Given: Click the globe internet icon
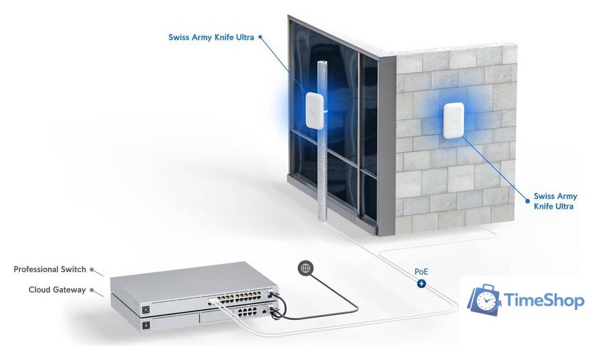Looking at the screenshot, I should tap(305, 268).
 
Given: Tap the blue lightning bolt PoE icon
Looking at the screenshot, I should tap(421, 284).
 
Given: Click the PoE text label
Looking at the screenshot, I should tap(421, 271).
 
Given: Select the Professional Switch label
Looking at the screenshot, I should tap(49, 269).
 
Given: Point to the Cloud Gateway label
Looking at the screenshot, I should tap(57, 290).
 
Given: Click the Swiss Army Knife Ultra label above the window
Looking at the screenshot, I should tap(211, 37).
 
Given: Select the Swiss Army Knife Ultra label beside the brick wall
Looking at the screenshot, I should tap(555, 201).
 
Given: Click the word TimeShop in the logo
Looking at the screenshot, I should tap(545, 302).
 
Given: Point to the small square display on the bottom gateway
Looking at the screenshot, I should tap(146, 326).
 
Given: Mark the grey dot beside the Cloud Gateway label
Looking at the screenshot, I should tap(92, 290).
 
